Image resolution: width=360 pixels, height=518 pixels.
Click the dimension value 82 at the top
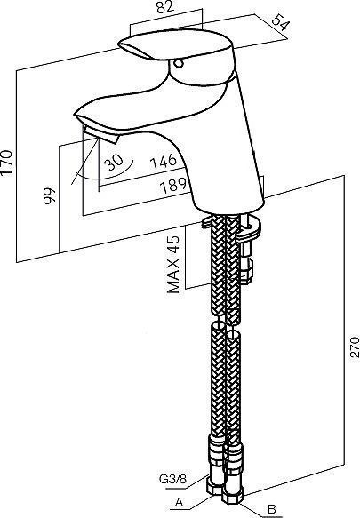click(165, 6)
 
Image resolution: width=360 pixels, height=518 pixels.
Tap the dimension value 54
click(281, 23)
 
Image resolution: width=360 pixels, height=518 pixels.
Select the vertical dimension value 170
click(6, 163)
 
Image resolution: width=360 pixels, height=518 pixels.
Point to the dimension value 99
click(50, 196)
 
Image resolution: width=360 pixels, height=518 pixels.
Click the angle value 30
click(114, 162)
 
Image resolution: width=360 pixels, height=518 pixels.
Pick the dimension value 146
click(164, 162)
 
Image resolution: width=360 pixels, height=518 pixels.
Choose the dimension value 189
click(173, 186)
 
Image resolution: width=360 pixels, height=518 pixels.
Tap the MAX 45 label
click(174, 264)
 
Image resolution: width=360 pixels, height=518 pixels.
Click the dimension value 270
click(355, 347)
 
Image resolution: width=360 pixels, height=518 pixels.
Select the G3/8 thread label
click(173, 479)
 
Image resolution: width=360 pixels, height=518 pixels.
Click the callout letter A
click(179, 503)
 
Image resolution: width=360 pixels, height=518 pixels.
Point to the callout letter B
click(272, 509)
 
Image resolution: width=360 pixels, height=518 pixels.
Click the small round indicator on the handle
click(179, 63)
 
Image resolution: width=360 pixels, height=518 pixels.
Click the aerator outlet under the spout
click(100, 134)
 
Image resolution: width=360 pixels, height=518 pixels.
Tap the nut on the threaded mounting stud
click(246, 270)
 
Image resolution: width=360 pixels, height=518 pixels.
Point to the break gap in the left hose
click(218, 318)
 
